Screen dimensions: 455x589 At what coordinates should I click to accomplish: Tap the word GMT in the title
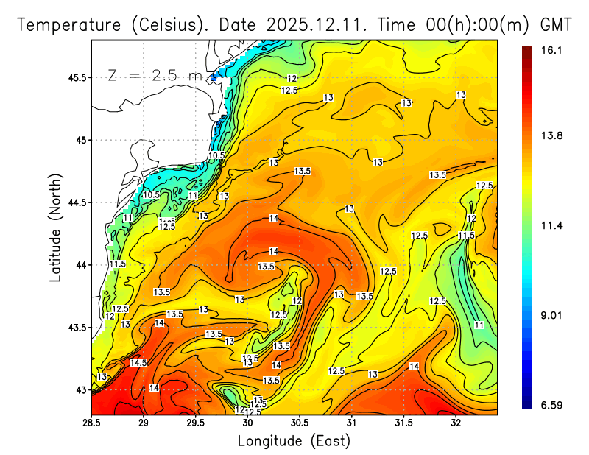coord(557,24)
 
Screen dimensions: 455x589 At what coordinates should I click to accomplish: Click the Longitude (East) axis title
coord(294,441)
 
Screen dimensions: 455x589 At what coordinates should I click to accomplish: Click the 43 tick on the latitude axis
coord(80,389)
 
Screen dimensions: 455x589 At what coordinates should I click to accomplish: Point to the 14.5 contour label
coord(138,363)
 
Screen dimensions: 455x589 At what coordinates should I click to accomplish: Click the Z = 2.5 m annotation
coord(154,75)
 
